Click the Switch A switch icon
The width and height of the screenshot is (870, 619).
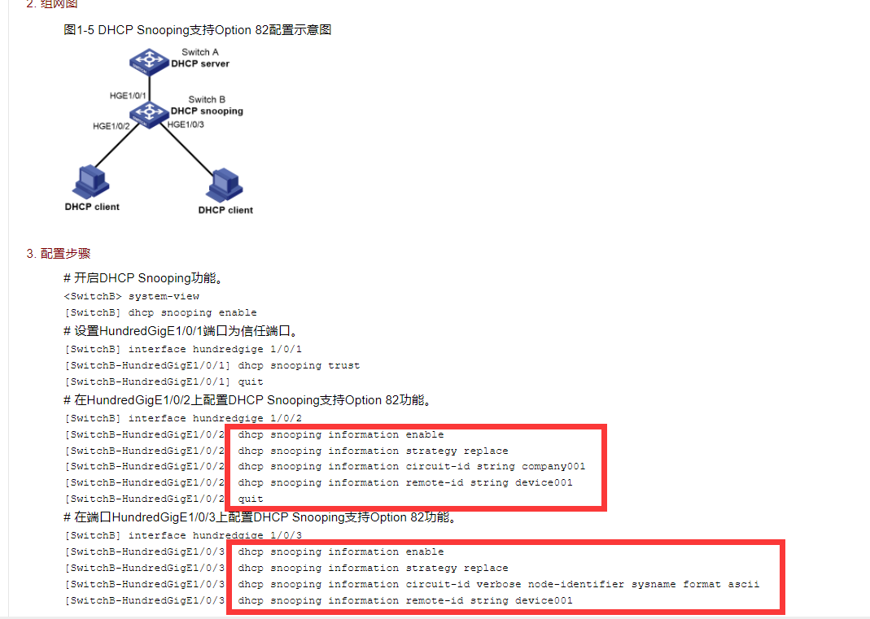point(149,62)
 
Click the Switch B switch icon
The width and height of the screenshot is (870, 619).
point(149,114)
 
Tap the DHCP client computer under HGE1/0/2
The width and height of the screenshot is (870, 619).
point(91,182)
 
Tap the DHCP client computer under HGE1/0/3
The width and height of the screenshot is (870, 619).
point(224,185)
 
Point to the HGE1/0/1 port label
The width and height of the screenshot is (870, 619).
point(128,95)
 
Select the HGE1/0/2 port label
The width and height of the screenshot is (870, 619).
point(111,126)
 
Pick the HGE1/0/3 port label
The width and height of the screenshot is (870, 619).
point(186,124)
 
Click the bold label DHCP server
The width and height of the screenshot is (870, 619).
point(199,63)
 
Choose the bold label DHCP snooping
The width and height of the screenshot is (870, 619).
point(207,111)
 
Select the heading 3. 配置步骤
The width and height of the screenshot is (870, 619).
point(59,254)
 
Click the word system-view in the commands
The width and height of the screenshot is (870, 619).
point(164,297)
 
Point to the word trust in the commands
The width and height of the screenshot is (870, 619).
point(344,365)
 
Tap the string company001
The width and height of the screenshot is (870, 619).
point(553,466)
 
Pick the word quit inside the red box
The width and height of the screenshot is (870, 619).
point(251,499)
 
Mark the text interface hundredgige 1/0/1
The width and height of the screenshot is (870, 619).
point(216,350)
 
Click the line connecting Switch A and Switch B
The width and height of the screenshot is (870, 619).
point(149,89)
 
